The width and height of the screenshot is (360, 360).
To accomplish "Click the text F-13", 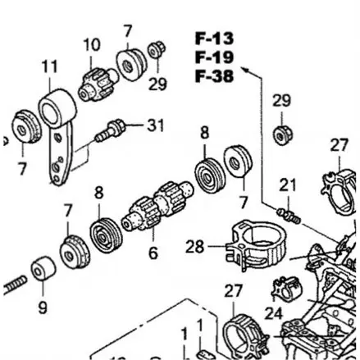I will (x=214, y=38).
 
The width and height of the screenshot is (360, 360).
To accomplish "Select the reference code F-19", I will (x=214, y=57).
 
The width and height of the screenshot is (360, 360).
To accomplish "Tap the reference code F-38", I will (x=214, y=75).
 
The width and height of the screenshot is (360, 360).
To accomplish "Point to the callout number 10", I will (x=91, y=44).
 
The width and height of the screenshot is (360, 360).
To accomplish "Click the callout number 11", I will (x=50, y=66).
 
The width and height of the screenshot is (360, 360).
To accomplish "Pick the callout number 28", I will (x=194, y=245).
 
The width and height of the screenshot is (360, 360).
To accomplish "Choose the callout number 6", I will (x=153, y=253).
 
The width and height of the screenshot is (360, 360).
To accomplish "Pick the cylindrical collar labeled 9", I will (x=43, y=270).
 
